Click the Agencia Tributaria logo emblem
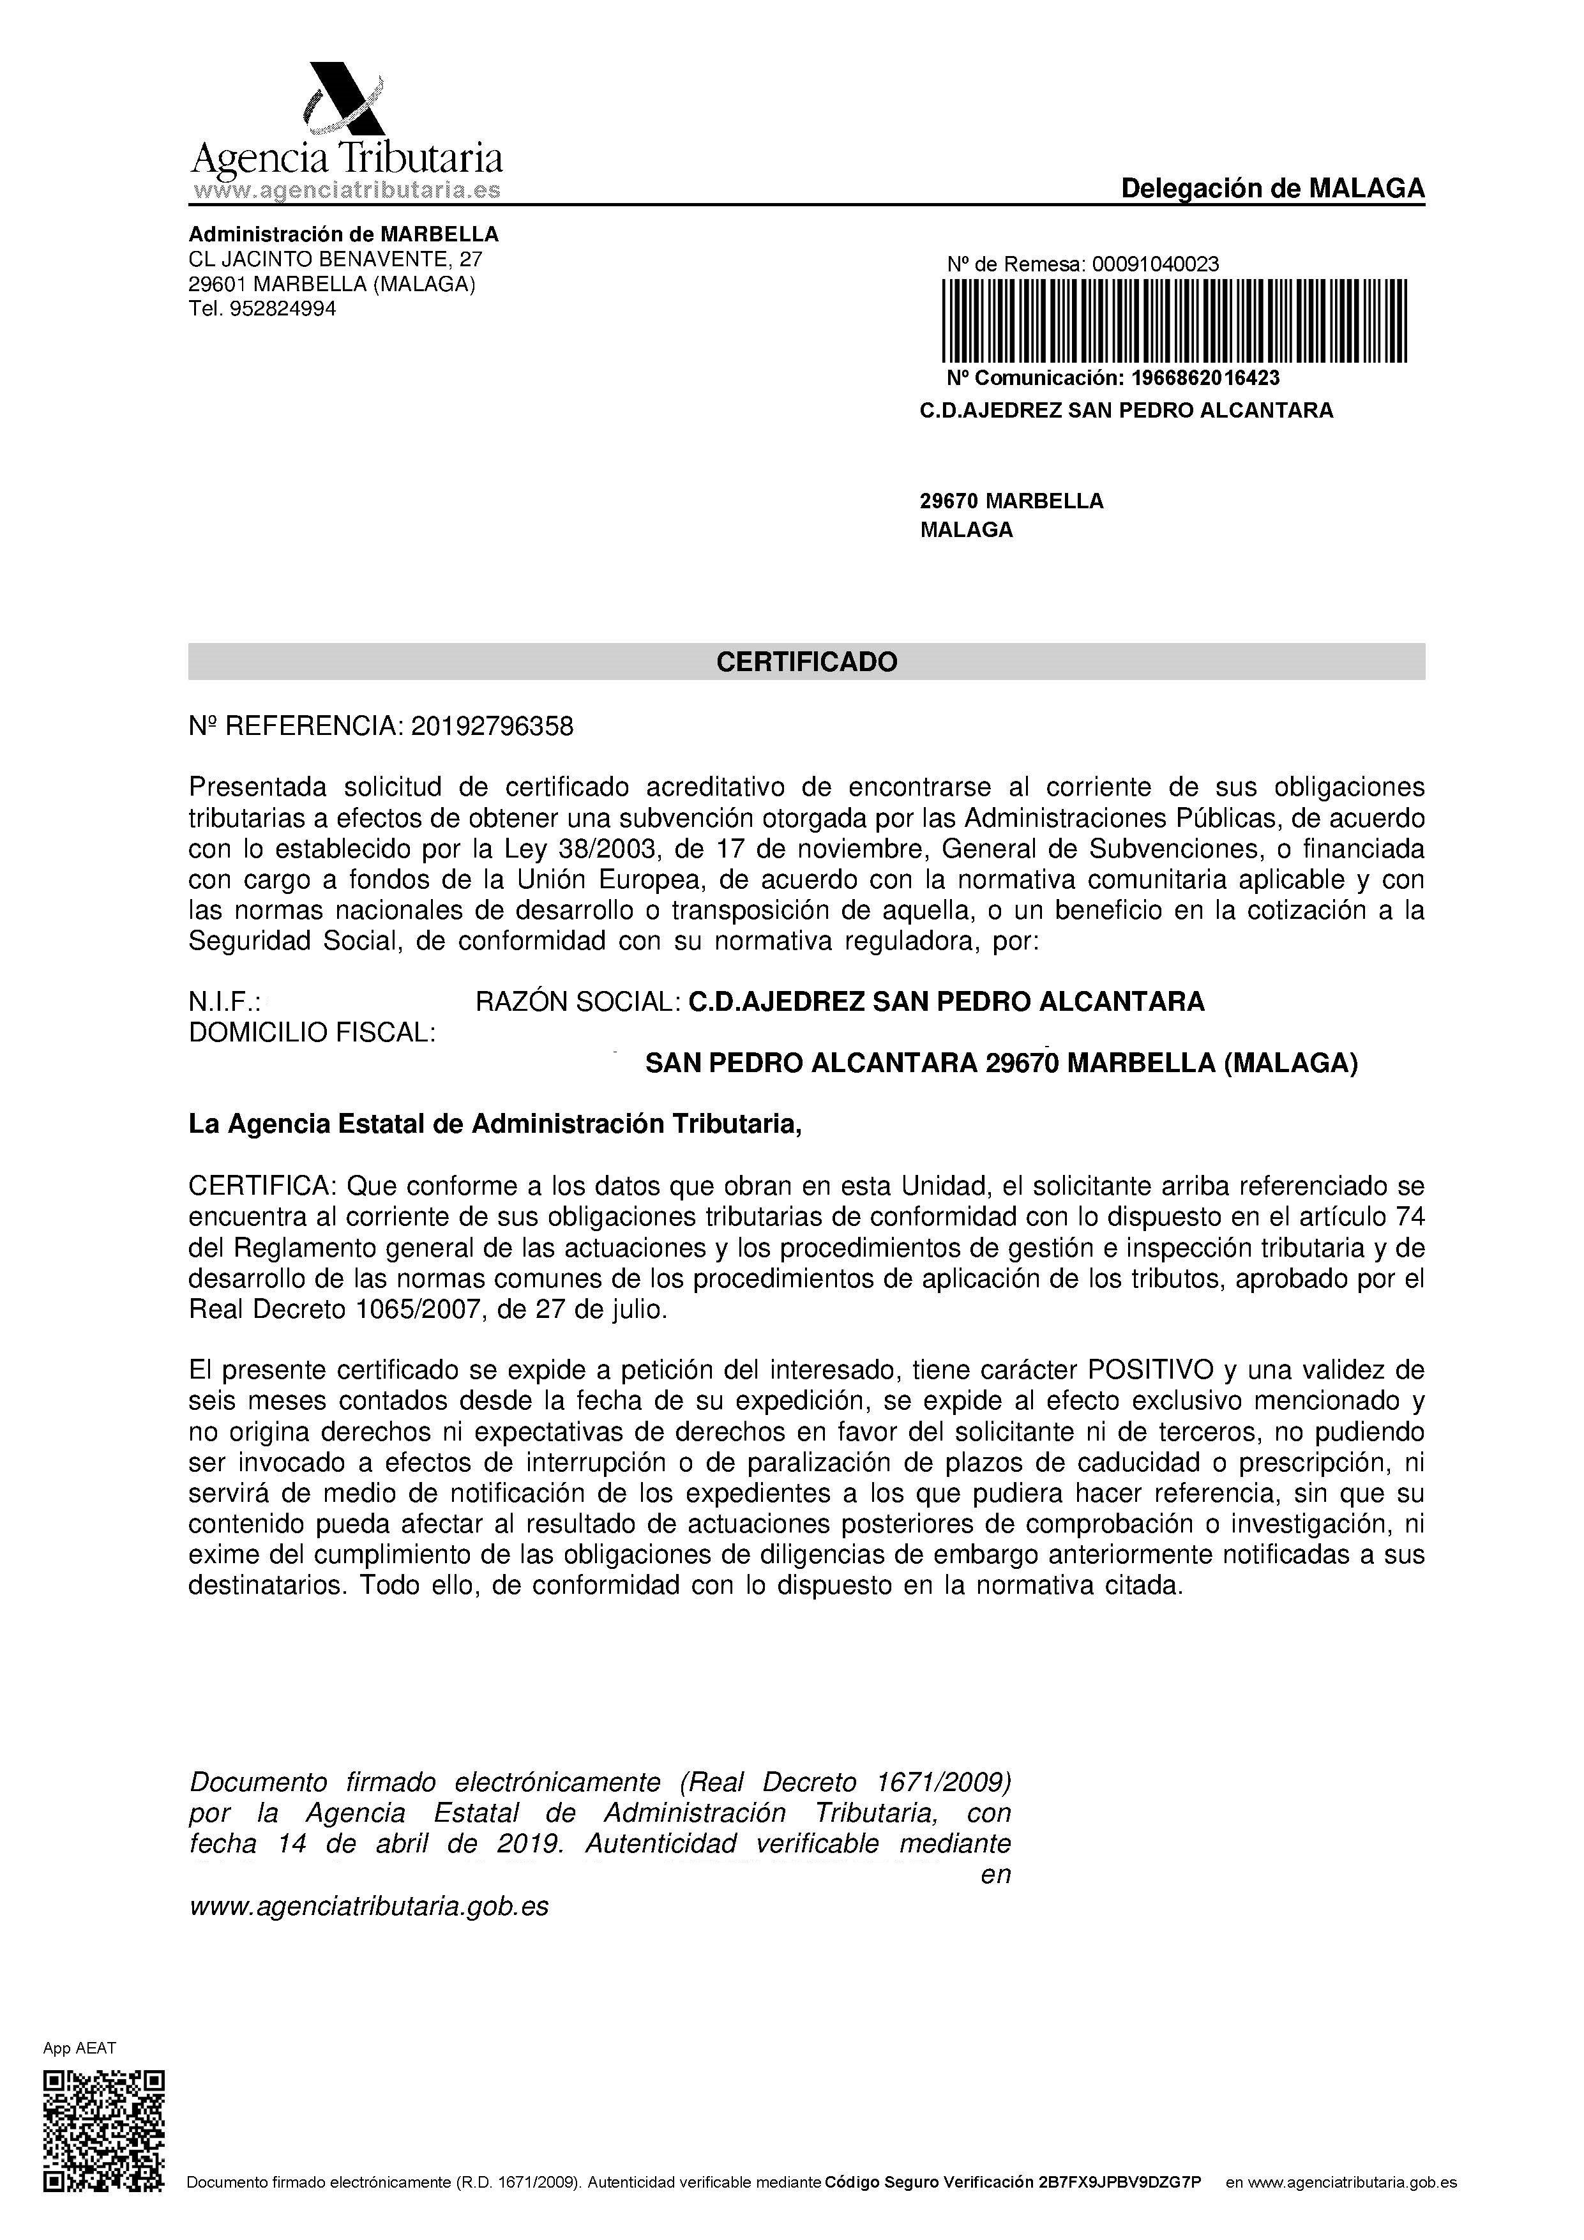[344, 100]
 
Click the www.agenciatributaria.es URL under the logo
[347, 190]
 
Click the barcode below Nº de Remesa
[1173, 321]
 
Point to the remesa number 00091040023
[1155, 264]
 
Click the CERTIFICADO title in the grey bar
[806, 662]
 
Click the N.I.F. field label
[224, 1002]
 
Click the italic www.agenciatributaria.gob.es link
[368, 1906]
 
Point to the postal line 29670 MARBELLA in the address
[1011, 501]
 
